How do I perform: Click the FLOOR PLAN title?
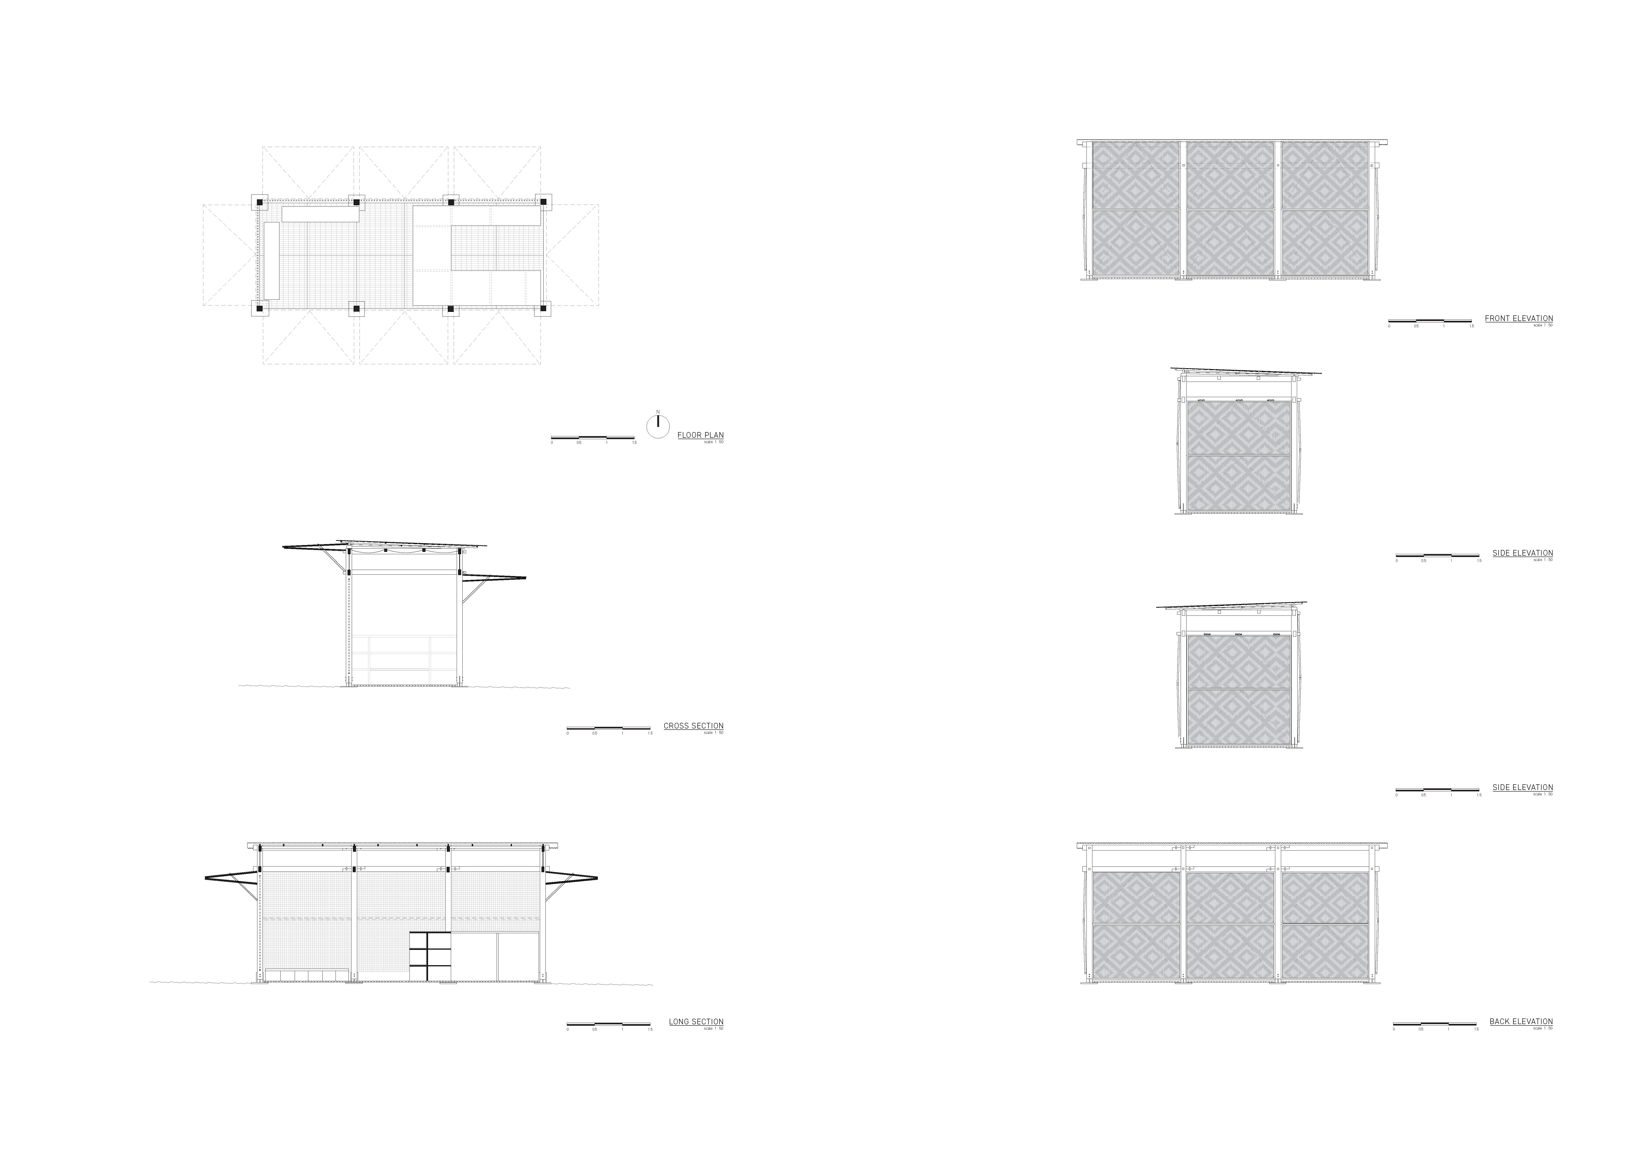[700, 435]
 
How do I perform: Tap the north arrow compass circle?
[658, 427]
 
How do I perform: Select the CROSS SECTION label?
[693, 725]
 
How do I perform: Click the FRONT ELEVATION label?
[1518, 318]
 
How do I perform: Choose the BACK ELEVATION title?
[1521, 1021]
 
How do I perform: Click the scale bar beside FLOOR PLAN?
[592, 437]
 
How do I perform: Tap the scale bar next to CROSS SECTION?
[608, 728]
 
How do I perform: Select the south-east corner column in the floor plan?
[542, 309]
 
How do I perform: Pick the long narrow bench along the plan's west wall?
[271, 260]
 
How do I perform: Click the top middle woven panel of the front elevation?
[1230, 174]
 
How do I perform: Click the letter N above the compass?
[658, 412]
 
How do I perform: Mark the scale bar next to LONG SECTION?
[608, 1024]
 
